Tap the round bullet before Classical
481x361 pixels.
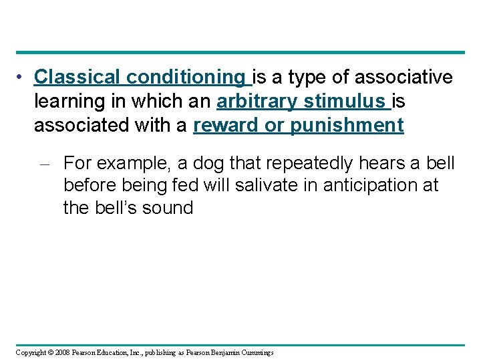(x=22, y=78)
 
